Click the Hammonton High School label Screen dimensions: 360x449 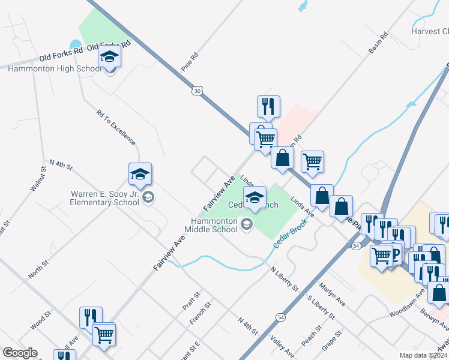tap(55, 69)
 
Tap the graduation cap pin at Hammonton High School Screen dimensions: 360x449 tap(109, 57)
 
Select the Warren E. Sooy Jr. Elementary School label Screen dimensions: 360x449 tap(106, 198)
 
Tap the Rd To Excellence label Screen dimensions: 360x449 tap(116, 127)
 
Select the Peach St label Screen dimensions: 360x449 tap(312, 336)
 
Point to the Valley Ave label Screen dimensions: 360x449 tap(282, 346)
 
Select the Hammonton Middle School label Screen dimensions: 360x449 tap(210, 225)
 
